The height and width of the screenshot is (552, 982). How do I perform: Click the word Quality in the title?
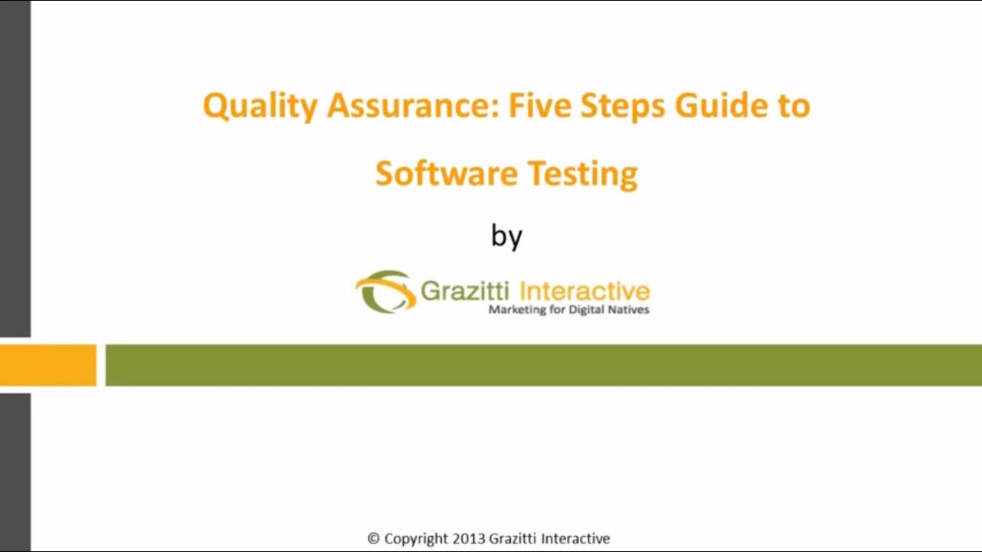[259, 107]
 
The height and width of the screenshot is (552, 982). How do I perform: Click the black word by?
[506, 236]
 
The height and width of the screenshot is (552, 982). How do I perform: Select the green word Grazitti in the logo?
[466, 291]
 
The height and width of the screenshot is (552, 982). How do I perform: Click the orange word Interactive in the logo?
[585, 291]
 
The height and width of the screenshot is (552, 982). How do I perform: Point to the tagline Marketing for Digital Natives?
[569, 310]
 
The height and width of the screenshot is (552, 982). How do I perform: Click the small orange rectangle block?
[48, 365]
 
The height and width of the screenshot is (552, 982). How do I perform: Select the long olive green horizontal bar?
[543, 365]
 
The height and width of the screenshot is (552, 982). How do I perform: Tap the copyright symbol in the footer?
[374, 538]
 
